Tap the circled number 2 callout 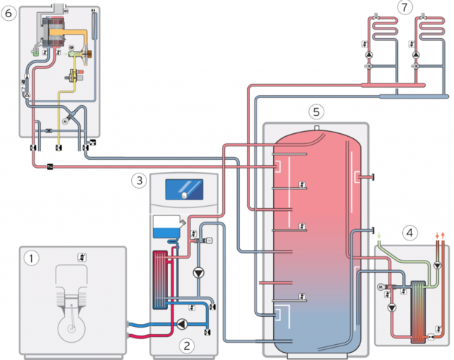coord(187,345)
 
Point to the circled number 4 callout coord(409,233)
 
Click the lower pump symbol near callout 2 coord(184,324)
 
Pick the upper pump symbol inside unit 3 coord(198,273)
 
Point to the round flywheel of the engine coord(71,330)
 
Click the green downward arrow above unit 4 coord(378,235)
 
